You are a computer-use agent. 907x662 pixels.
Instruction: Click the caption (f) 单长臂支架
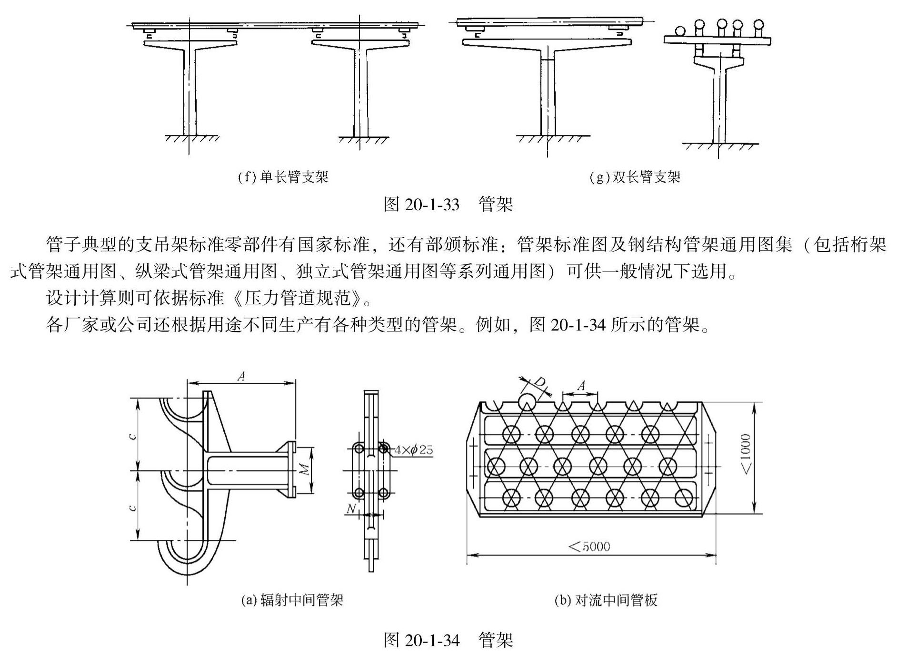(x=283, y=177)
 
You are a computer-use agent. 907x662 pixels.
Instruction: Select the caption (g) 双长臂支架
(x=635, y=177)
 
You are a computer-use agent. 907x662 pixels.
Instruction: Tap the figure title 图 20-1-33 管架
(x=448, y=204)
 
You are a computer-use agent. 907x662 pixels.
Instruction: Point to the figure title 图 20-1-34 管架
(x=448, y=640)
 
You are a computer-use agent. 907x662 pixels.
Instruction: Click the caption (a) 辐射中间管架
(x=292, y=600)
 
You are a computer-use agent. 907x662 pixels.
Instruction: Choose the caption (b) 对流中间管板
(x=606, y=600)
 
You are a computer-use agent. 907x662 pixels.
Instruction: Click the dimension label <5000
(x=589, y=546)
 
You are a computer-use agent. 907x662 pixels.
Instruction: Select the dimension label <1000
(x=746, y=454)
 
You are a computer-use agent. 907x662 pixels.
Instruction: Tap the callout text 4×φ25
(x=413, y=449)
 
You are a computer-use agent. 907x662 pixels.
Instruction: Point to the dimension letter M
(x=304, y=469)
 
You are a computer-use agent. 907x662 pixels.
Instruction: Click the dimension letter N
(x=351, y=509)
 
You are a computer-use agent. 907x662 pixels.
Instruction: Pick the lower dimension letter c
(x=133, y=507)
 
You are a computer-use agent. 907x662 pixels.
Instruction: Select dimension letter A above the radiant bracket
(x=241, y=377)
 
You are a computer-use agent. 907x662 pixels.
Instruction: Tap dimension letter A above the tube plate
(x=581, y=386)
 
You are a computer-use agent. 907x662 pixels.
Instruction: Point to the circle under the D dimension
(x=527, y=402)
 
